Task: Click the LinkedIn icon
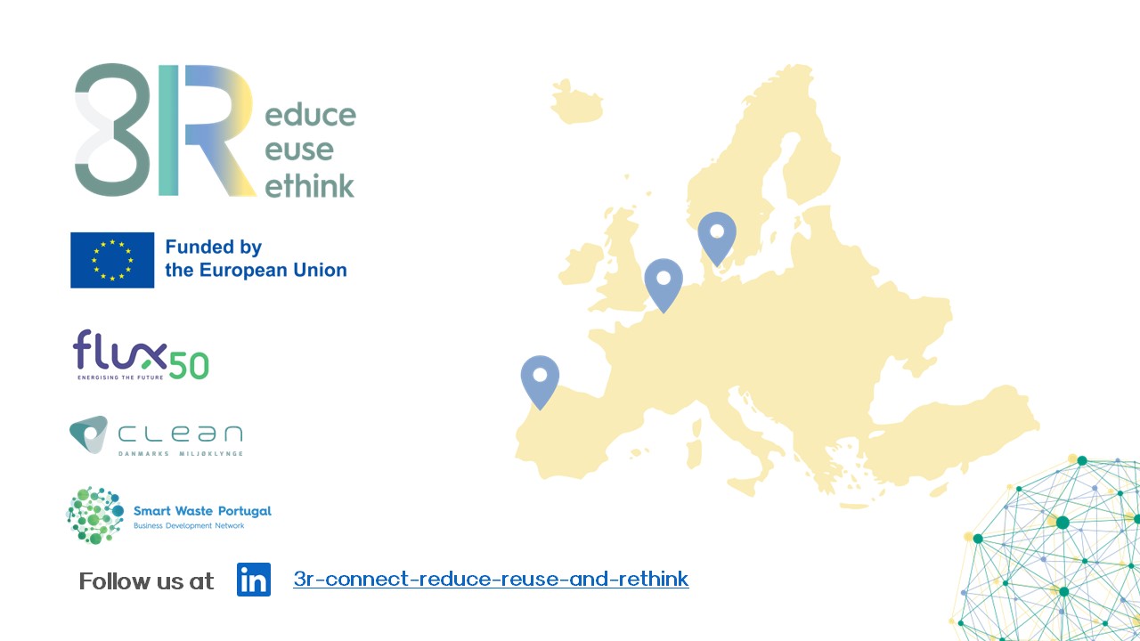[254, 580]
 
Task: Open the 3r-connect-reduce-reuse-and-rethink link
[491, 580]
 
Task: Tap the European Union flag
[112, 260]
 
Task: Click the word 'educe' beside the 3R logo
[311, 115]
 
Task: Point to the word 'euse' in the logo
[299, 150]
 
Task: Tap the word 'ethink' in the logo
[309, 185]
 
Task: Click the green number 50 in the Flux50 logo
[188, 365]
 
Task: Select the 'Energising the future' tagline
[120, 377]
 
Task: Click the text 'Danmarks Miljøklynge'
[181, 453]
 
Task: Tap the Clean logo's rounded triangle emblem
[88, 434]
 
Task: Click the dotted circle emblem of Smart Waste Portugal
[95, 515]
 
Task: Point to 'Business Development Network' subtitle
[189, 525]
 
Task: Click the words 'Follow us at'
[147, 581]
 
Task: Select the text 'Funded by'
[213, 247]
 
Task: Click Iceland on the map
[576, 102]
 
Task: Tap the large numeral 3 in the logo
[113, 130]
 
